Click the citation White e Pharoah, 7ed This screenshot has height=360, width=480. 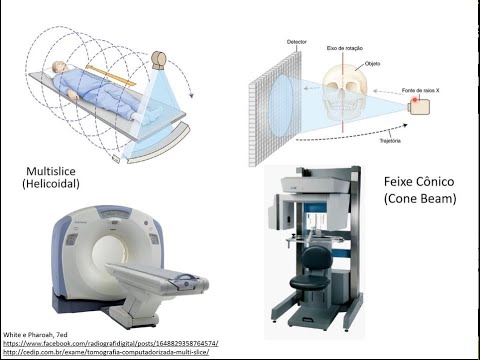(36, 332)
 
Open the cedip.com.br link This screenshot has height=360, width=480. (110, 352)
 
